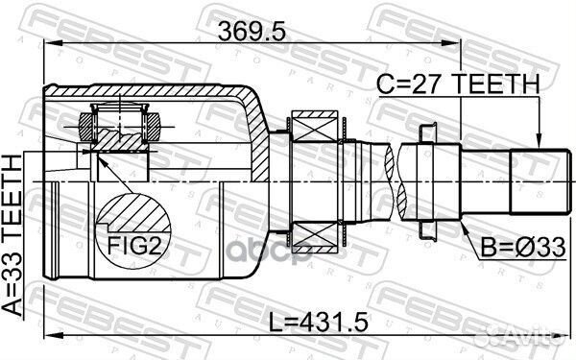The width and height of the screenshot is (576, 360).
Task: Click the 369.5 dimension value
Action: point(252,32)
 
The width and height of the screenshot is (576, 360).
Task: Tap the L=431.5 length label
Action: point(318,323)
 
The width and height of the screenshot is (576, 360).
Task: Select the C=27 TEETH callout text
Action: point(458,84)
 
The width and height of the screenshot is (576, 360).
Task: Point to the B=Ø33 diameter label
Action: point(523,248)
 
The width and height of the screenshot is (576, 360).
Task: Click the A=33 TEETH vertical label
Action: point(12,235)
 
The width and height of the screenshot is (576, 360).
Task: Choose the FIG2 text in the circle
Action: point(134,246)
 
